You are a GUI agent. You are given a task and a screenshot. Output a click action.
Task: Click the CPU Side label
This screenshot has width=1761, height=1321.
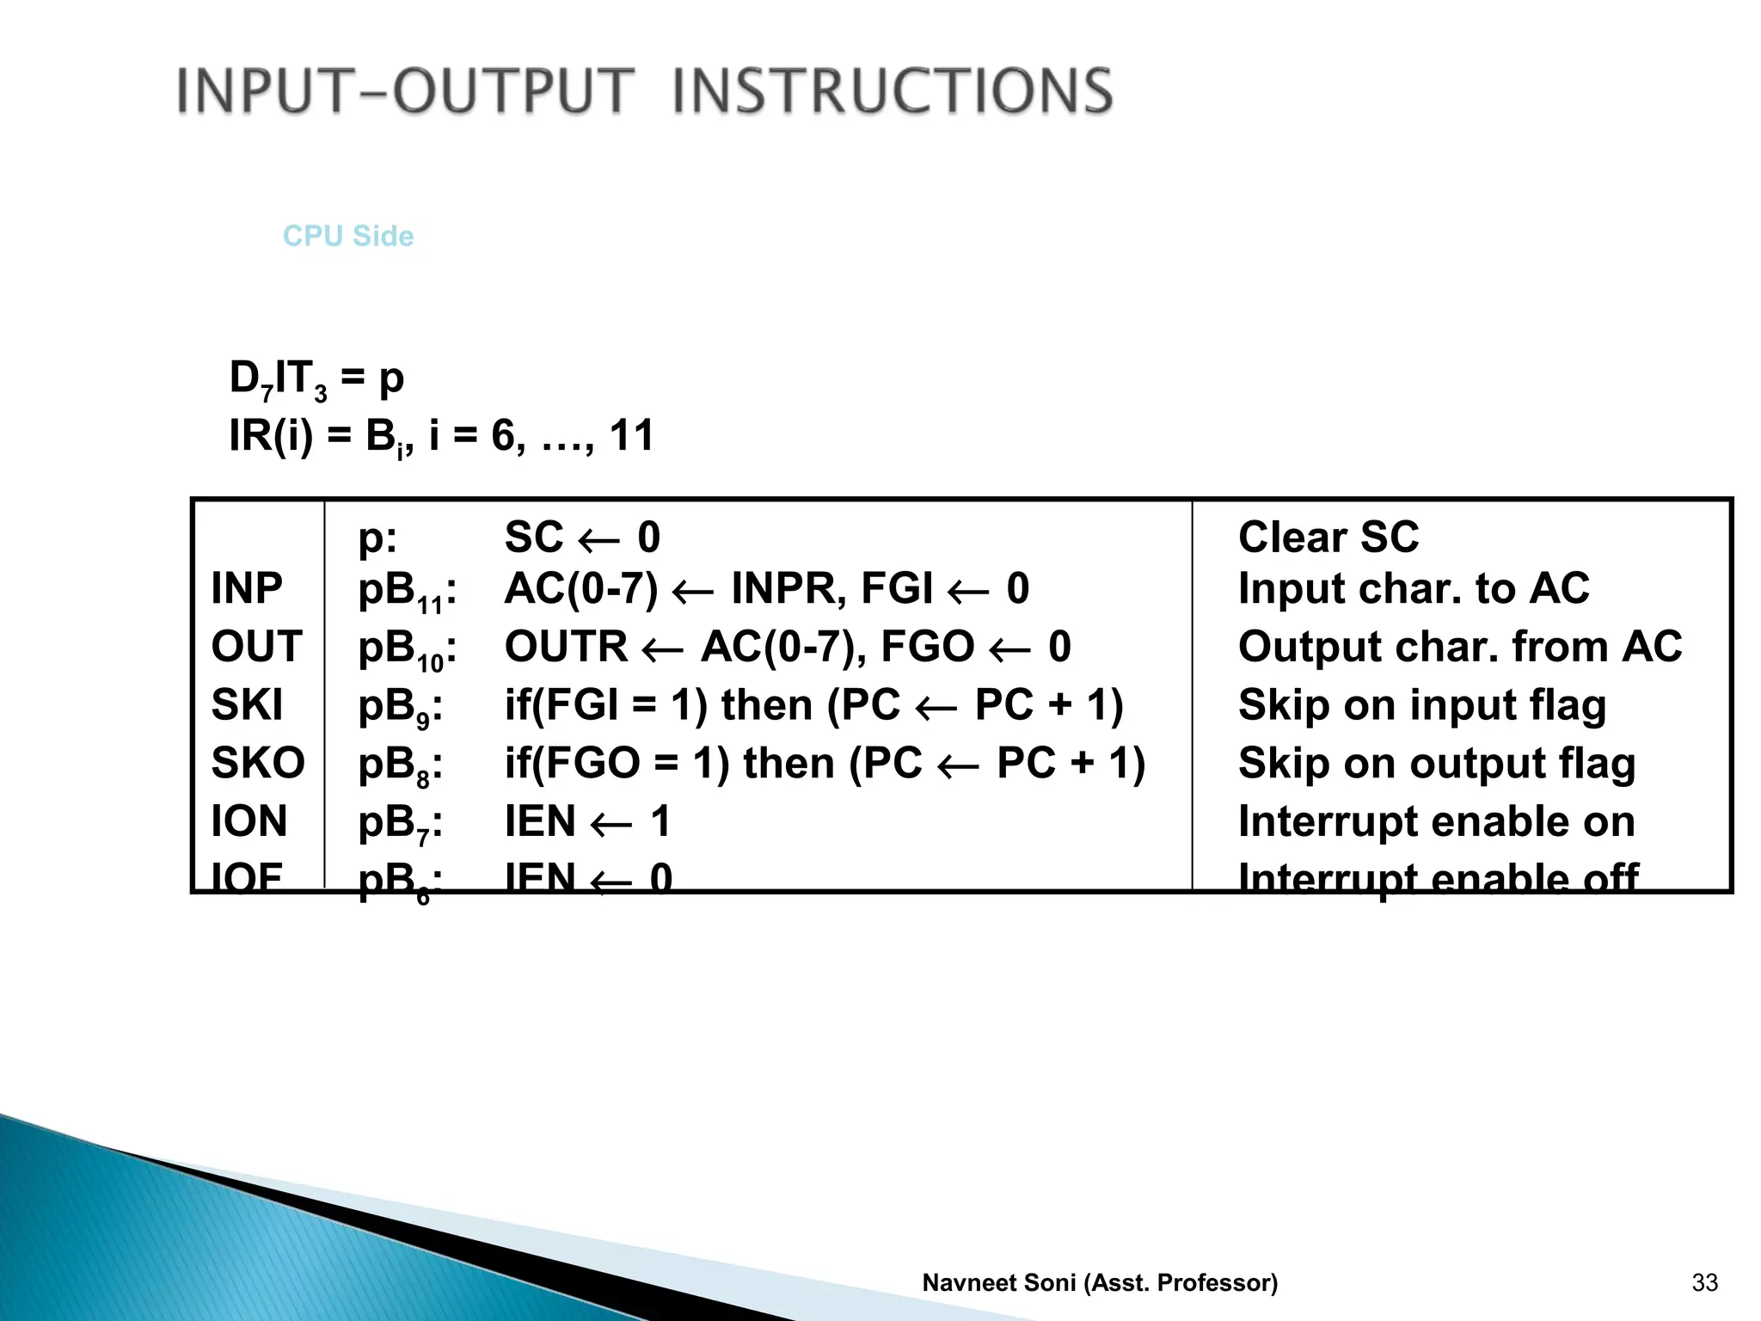click(348, 236)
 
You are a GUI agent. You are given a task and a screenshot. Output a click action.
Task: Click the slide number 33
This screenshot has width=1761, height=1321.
click(1704, 1282)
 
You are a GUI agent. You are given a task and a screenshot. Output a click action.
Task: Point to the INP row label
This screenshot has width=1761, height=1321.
click(247, 589)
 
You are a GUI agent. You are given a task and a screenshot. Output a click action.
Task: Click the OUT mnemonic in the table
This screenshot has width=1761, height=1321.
click(256, 647)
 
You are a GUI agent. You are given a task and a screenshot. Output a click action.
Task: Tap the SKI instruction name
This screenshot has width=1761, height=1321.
click(247, 705)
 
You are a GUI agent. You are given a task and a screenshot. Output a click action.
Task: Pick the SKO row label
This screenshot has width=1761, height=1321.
click(258, 763)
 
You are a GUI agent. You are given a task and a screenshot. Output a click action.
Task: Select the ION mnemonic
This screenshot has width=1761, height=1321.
click(249, 821)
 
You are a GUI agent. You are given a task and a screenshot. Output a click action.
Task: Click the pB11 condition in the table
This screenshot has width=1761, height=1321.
click(407, 592)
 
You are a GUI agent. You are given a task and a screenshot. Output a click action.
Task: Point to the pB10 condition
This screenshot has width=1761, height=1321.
click(407, 649)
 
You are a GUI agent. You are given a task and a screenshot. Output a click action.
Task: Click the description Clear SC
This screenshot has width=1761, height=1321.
click(1328, 538)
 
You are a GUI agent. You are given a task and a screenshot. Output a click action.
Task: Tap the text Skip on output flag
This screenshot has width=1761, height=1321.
click(1436, 764)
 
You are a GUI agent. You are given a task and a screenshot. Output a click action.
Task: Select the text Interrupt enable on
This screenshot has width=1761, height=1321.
click(1436, 821)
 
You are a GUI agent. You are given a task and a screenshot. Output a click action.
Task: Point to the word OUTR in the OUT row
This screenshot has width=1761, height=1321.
click(566, 647)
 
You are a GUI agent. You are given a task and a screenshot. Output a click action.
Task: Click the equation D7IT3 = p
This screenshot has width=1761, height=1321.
click(316, 378)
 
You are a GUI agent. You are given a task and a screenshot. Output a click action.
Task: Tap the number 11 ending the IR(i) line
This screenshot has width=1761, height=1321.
click(631, 435)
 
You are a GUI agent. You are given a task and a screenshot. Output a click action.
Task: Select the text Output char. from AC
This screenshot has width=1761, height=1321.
click(1459, 647)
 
